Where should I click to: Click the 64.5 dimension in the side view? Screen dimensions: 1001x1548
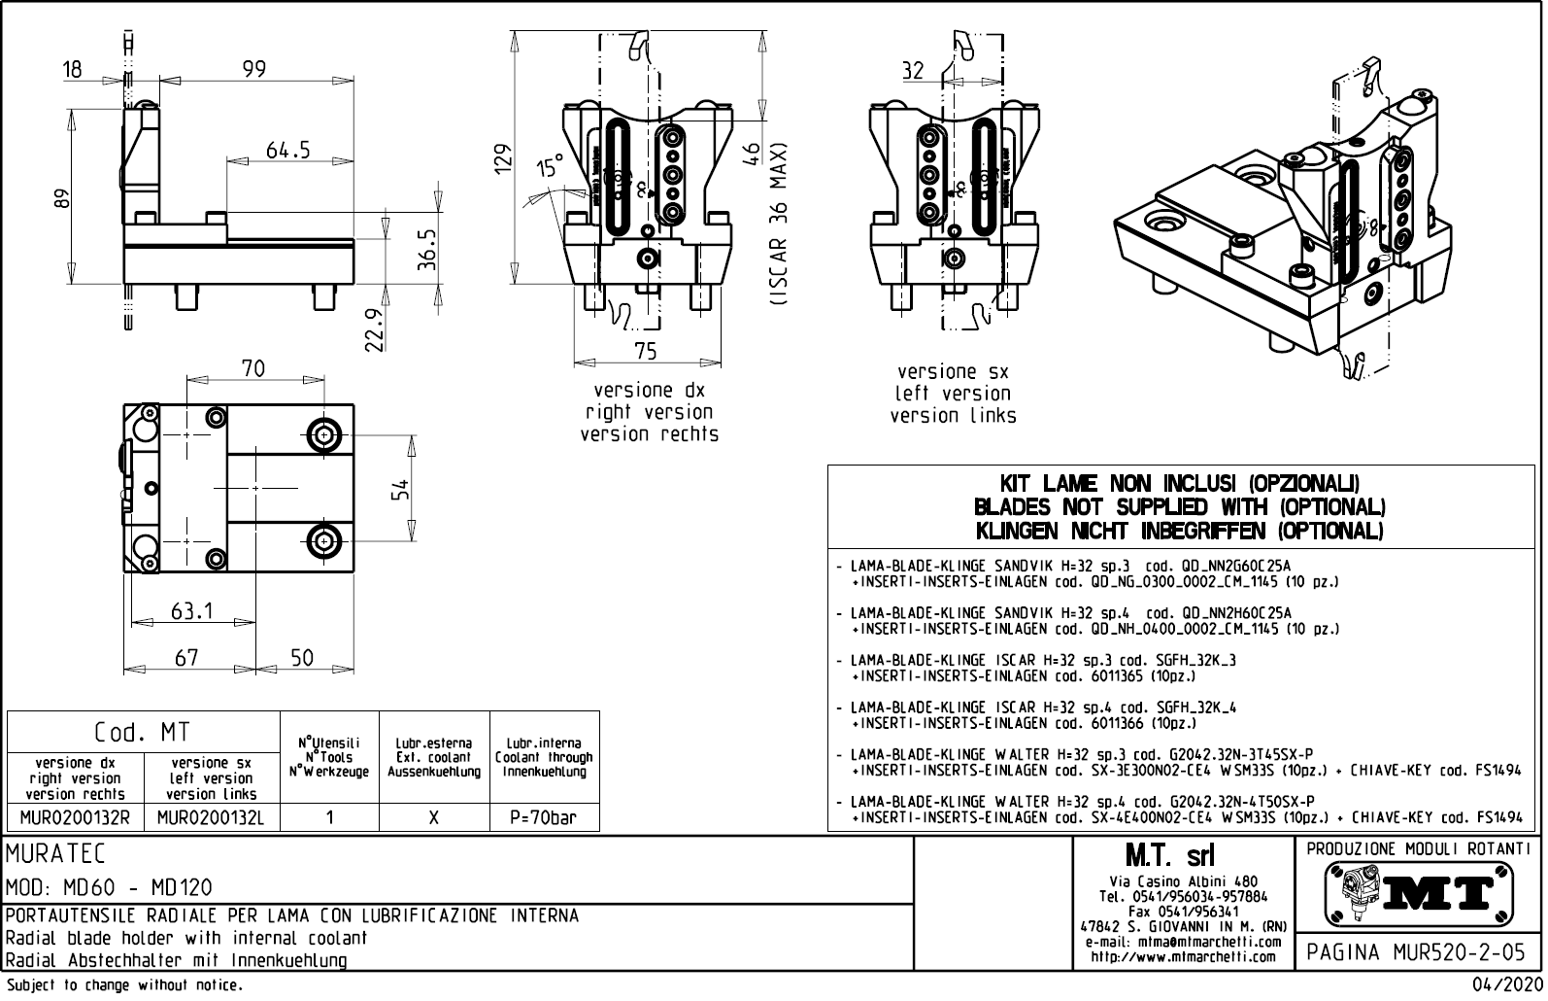coord(288,150)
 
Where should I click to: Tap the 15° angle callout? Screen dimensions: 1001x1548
coord(550,167)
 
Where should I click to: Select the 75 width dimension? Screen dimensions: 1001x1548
coord(646,351)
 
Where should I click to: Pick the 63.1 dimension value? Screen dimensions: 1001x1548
coord(191,611)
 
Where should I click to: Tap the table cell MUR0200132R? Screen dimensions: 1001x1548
coord(76,817)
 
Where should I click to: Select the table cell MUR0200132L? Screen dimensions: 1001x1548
coord(211,817)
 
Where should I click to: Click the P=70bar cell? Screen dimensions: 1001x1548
coord(544,817)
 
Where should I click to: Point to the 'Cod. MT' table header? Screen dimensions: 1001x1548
coord(142,732)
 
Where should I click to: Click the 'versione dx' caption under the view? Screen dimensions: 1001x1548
coord(648,391)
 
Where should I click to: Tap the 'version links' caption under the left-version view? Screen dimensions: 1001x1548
coord(953,416)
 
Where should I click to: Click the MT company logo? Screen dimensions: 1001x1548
coord(1419,893)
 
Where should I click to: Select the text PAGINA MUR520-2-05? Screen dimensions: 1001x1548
coord(1417,951)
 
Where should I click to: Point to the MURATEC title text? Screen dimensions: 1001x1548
coord(56,854)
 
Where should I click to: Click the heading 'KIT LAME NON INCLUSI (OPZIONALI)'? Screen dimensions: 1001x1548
coord(1179,483)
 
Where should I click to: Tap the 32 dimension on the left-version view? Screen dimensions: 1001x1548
coord(913,70)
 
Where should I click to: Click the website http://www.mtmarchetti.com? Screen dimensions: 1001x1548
coord(1183,956)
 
